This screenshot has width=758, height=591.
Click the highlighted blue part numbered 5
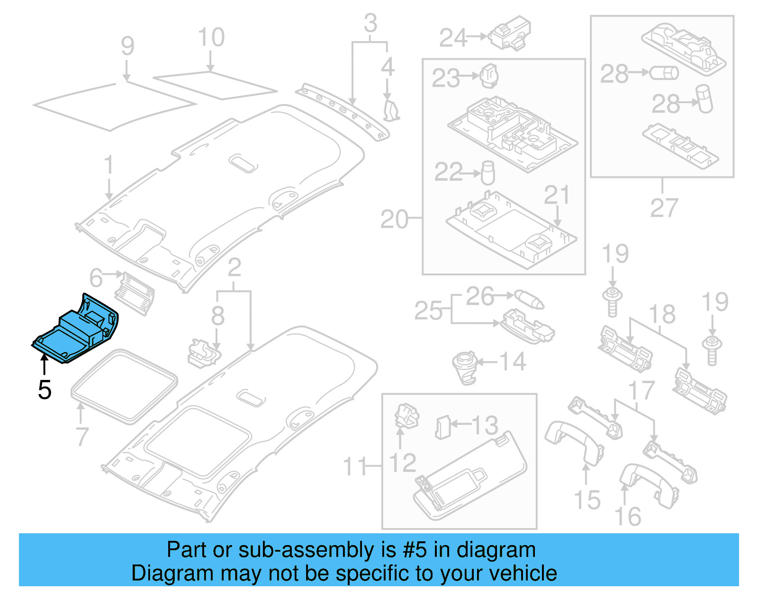click(x=76, y=331)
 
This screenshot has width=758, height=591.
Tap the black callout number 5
click(x=45, y=390)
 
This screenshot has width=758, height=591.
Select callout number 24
click(x=453, y=38)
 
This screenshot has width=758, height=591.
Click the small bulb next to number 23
click(x=489, y=76)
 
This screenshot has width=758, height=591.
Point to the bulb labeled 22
click(x=487, y=173)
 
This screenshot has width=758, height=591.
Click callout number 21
click(x=557, y=194)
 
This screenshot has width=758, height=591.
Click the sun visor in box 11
click(x=469, y=478)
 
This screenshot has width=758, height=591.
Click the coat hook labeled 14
click(x=465, y=367)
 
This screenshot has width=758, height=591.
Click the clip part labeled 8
click(x=204, y=353)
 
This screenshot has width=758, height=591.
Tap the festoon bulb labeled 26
click(x=529, y=299)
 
